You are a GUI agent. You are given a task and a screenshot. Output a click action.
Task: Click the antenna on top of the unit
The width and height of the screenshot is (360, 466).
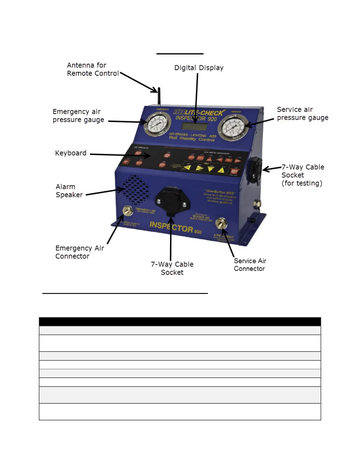pyautogui.click(x=159, y=96)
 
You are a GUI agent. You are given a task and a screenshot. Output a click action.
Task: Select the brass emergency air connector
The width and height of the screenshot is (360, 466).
pyautogui.click(x=128, y=211)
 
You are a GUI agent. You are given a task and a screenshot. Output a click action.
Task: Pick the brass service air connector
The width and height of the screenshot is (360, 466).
pyautogui.click(x=221, y=224)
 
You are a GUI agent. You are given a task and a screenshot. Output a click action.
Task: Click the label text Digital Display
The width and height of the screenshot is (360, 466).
pyautogui.click(x=199, y=68)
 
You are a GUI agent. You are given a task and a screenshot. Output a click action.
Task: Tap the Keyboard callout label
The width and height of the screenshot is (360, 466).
pyautogui.click(x=71, y=153)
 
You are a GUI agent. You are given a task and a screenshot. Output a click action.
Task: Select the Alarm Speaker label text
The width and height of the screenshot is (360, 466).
pyautogui.click(x=69, y=191)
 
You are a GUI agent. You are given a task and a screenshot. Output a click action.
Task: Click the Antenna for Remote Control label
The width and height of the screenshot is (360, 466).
pyautogui.click(x=93, y=69)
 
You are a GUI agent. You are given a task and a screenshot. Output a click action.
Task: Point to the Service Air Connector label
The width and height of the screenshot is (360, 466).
pyautogui.click(x=250, y=265)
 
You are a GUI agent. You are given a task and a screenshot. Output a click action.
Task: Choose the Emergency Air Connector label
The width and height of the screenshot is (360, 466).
pyautogui.click(x=79, y=252)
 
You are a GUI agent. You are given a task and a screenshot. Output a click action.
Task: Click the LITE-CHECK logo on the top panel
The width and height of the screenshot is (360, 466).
pyautogui.click(x=200, y=113)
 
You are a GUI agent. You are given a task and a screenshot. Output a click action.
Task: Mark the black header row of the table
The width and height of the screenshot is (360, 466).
pyautogui.click(x=180, y=322)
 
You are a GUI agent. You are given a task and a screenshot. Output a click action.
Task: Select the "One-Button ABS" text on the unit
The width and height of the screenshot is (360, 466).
pyautogui.click(x=219, y=192)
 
